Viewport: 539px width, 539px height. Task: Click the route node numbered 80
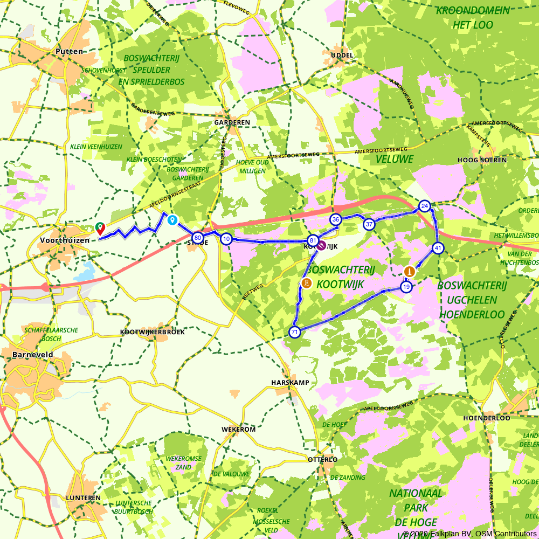click(x=198, y=238)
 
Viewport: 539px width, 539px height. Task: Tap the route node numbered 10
click(x=226, y=239)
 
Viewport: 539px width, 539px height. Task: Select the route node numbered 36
click(x=336, y=219)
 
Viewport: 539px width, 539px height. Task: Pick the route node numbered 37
click(x=369, y=224)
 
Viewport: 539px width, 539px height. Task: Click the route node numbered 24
click(x=425, y=206)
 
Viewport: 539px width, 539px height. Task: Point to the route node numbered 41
click(x=438, y=248)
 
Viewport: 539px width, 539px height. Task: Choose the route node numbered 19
click(x=406, y=287)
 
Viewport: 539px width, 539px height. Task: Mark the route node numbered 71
click(x=294, y=332)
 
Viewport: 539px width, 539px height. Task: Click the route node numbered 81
click(x=313, y=240)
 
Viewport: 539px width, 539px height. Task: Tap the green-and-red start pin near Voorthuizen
click(x=100, y=228)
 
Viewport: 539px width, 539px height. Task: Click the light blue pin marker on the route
click(x=172, y=220)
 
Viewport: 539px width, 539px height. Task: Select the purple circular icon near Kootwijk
click(x=321, y=246)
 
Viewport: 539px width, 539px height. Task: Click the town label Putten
click(x=70, y=52)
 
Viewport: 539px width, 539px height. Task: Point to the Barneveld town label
click(x=32, y=355)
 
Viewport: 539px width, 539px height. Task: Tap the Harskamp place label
click(x=290, y=382)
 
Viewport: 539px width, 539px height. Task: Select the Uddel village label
click(x=342, y=56)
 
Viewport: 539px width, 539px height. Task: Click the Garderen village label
click(x=232, y=122)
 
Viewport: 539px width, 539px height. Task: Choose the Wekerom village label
click(x=238, y=429)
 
